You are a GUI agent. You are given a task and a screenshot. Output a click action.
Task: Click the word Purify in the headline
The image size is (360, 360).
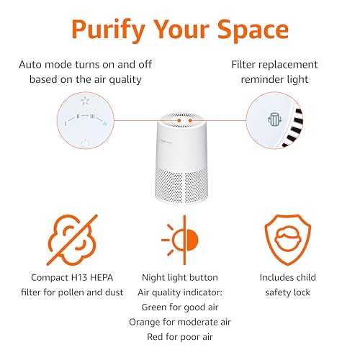[x=108, y=30]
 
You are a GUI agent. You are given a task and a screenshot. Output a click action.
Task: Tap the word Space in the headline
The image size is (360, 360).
[x=253, y=30]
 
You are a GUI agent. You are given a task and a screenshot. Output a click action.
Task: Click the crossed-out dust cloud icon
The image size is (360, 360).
[x=72, y=240]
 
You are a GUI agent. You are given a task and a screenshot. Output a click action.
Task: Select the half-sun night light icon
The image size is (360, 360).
[x=180, y=240]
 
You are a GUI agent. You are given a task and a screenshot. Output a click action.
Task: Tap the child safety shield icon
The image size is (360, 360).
[x=288, y=240]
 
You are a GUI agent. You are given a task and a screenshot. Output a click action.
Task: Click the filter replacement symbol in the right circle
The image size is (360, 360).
[x=274, y=120]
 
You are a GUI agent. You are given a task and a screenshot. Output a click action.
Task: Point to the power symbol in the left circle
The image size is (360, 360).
[x=85, y=143]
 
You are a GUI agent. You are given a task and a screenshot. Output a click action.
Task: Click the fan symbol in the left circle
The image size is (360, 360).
[x=85, y=101]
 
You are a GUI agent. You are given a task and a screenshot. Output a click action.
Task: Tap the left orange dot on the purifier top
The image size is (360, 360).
[x=179, y=120]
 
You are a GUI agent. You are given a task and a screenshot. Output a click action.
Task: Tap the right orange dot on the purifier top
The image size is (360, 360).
[x=190, y=120]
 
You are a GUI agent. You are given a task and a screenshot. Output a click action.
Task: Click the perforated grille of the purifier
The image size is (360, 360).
[x=181, y=184]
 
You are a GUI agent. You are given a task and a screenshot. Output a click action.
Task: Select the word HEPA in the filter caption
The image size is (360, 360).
[x=102, y=278]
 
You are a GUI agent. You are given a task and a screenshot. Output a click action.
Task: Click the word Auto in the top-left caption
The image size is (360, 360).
[x=30, y=65]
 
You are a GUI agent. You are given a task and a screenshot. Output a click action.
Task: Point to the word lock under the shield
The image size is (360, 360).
[x=302, y=292]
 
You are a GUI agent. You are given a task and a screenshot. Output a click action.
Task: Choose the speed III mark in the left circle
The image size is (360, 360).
[x=92, y=117]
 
